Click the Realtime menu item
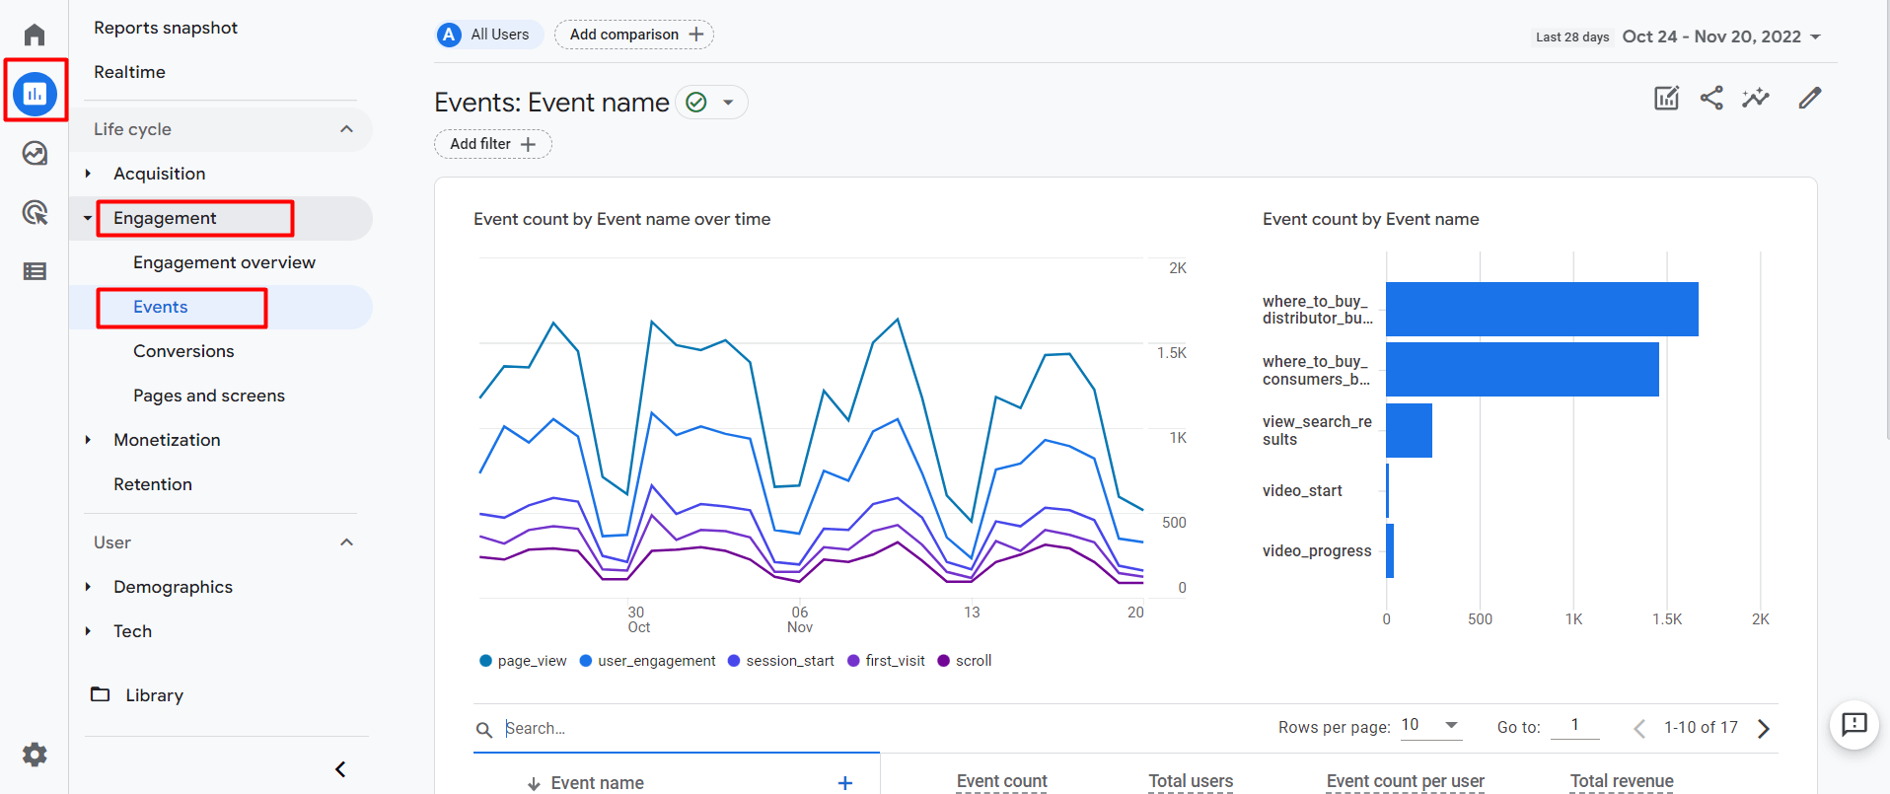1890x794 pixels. (x=129, y=72)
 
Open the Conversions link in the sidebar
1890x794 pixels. (x=183, y=351)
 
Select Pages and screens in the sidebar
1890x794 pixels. (x=209, y=396)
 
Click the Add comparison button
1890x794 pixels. (x=634, y=35)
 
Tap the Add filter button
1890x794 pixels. (x=492, y=144)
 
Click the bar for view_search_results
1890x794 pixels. (x=1409, y=430)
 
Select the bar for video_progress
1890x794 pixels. (x=1390, y=550)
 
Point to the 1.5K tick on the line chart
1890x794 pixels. (x=1172, y=353)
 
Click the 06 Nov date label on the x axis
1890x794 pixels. (x=800, y=619)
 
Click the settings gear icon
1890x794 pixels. (x=35, y=755)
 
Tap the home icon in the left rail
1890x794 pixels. (x=35, y=35)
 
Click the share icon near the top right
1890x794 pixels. (x=1711, y=98)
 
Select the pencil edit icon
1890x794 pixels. (x=1809, y=98)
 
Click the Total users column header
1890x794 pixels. (x=1191, y=781)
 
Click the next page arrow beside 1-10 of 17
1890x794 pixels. (x=1764, y=728)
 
